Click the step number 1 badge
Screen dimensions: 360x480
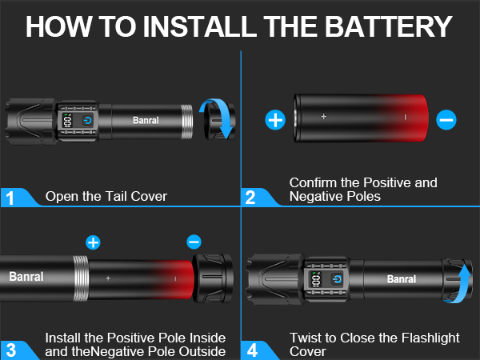10,197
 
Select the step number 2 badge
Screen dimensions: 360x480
251,197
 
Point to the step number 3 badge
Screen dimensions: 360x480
10,349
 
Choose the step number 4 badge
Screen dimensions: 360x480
251,349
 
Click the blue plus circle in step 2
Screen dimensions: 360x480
275,120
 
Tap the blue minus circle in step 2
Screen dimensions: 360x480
446,120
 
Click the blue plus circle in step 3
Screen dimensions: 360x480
94,242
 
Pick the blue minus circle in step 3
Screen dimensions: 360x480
193,242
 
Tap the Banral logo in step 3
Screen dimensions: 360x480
26,277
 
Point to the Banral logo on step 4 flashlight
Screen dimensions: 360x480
401,279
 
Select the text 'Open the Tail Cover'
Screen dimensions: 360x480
106,196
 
